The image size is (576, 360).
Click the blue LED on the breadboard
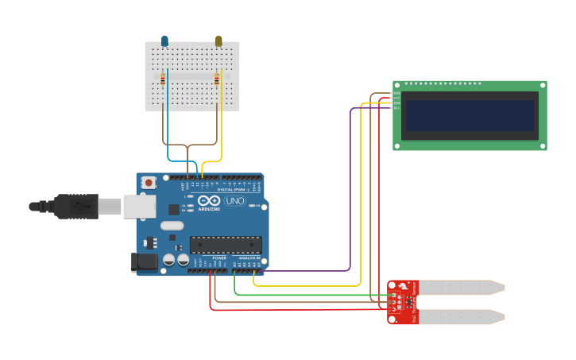(164, 41)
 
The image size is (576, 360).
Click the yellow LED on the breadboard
(218, 41)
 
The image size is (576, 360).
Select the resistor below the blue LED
(164, 79)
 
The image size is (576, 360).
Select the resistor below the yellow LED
(217, 78)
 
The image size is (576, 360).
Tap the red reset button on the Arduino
(149, 183)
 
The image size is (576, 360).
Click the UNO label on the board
(235, 201)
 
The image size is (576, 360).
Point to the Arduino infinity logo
(209, 201)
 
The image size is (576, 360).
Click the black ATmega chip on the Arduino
(225, 245)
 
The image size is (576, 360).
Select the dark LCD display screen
(469, 115)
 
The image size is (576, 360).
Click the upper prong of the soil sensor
(461, 287)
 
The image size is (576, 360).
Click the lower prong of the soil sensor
(461, 316)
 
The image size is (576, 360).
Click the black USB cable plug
(76, 206)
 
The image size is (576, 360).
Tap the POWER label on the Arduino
(218, 258)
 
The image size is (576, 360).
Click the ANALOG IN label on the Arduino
(247, 258)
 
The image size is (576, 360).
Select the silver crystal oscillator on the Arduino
(171, 225)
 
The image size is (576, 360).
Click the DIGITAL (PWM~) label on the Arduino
(238, 190)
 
